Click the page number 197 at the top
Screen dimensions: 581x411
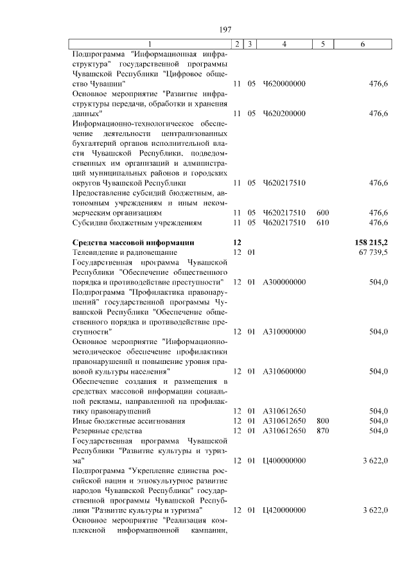click(x=225, y=30)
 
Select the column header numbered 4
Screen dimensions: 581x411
click(x=284, y=44)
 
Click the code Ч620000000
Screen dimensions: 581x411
click(x=284, y=84)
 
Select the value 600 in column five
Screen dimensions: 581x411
click(x=322, y=212)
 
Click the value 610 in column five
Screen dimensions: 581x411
click(x=322, y=223)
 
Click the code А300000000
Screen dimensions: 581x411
click(x=284, y=282)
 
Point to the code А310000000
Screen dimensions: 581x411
click(x=284, y=331)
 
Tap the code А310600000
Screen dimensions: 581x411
click(x=284, y=371)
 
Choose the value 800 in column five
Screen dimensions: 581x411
click(x=322, y=421)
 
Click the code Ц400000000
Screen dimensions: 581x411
click(x=284, y=460)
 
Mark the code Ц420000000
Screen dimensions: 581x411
click(x=284, y=510)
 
